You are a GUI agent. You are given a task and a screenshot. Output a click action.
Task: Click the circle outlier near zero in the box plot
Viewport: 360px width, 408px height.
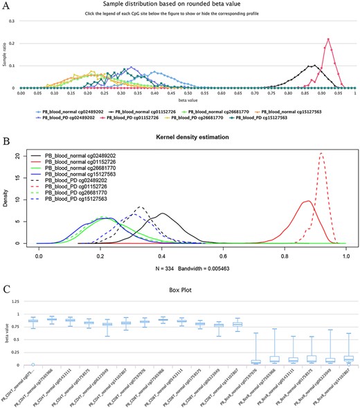pyautogui.click(x=32, y=363)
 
